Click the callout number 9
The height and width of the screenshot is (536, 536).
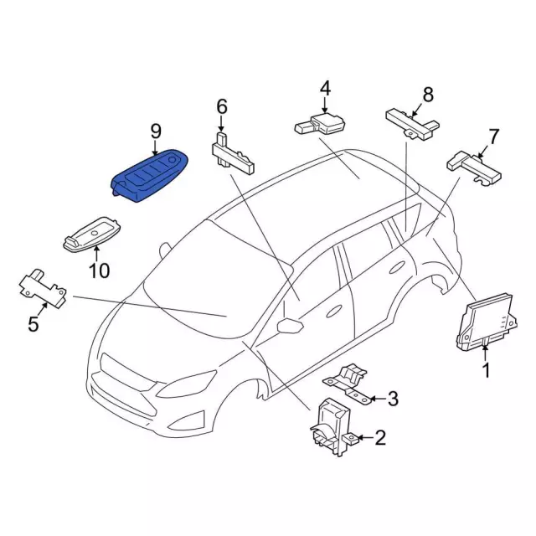[x=156, y=131]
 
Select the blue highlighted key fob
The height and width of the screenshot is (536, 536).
[x=150, y=176]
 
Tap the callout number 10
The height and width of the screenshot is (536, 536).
[x=99, y=271]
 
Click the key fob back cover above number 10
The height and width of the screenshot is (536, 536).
[x=91, y=234]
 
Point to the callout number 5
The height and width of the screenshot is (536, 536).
[x=33, y=324]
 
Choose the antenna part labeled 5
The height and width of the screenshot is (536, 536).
[x=43, y=289]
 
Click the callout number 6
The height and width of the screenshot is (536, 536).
[x=222, y=106]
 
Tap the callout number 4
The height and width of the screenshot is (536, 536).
[x=326, y=88]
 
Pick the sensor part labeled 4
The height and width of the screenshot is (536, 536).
[x=320, y=124]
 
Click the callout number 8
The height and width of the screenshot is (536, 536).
[x=428, y=95]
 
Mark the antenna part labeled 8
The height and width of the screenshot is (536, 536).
[x=412, y=125]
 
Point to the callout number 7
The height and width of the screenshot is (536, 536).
[x=493, y=137]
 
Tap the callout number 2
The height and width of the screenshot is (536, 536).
[x=380, y=437]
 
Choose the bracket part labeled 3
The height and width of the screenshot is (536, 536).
[x=347, y=384]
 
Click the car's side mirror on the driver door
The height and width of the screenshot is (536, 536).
[x=290, y=325]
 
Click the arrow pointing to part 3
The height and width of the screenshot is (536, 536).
[x=377, y=399]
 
